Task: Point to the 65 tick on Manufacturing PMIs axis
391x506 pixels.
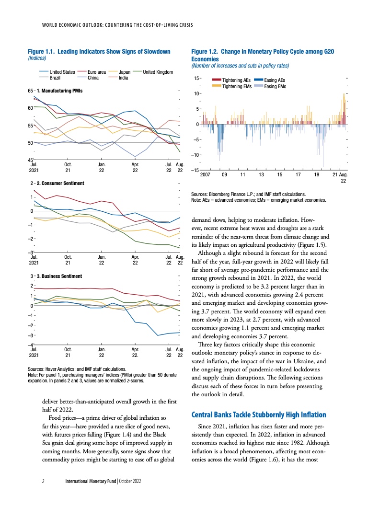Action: (31, 90)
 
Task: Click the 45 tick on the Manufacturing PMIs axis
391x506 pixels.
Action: (31, 160)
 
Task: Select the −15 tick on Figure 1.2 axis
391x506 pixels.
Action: (195, 171)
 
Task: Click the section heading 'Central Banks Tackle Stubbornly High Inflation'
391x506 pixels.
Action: (259, 414)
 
